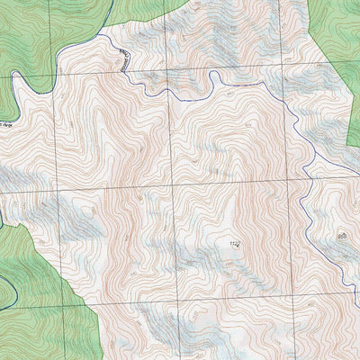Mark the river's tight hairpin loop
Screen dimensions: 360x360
pyautogui.click(x=213, y=83)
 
